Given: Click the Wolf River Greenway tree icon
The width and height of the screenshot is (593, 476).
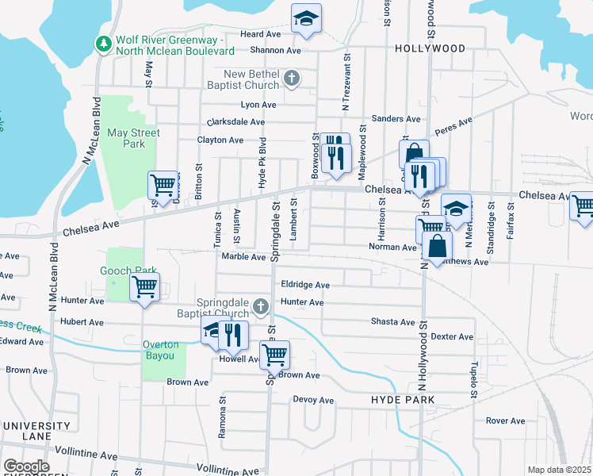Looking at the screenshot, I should (102, 44).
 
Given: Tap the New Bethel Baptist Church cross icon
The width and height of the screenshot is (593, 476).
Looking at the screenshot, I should (292, 79).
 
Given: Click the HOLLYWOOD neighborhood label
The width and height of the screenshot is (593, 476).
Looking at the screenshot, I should (430, 48).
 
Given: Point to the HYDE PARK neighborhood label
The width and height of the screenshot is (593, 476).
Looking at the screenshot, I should (403, 401).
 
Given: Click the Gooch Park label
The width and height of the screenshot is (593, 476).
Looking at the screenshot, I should (128, 271).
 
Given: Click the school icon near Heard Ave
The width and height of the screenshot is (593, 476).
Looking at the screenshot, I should (306, 18).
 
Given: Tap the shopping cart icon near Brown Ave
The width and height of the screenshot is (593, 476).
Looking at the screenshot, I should (274, 354).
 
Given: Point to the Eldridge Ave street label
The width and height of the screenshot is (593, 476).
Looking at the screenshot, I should (305, 285).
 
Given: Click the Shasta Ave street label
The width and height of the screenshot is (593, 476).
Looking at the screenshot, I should (393, 322).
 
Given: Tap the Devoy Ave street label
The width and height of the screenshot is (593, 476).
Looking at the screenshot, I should (313, 400).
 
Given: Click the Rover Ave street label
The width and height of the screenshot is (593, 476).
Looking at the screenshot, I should (506, 420).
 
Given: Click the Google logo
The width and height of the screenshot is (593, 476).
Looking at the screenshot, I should (26, 466).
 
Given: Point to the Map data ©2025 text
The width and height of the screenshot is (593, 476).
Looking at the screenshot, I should (559, 470).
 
